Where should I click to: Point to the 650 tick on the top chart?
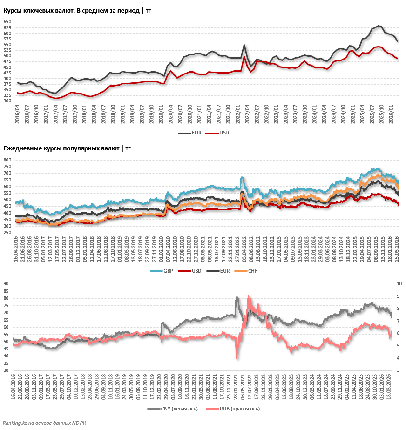tap(7, 22)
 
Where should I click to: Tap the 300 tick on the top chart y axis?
tap(7, 101)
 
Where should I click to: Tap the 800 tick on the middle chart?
tap(7, 160)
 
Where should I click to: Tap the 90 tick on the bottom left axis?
tap(6, 283)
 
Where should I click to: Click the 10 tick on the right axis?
tap(400, 283)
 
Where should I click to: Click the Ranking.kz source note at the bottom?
tap(44, 423)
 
